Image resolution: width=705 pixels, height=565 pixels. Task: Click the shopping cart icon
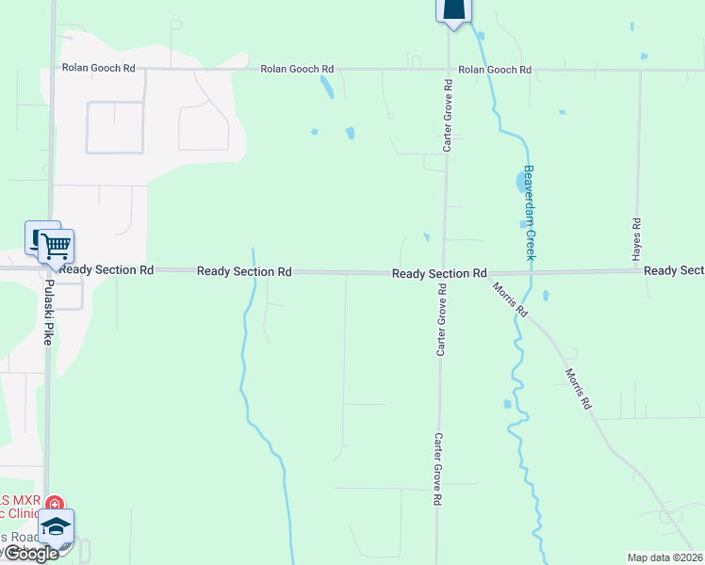click(x=56, y=247)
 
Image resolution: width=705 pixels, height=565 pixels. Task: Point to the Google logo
click(x=31, y=554)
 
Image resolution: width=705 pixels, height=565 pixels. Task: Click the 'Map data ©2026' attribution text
click(x=665, y=557)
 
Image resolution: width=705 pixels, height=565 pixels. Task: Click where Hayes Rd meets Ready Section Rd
click(x=639, y=271)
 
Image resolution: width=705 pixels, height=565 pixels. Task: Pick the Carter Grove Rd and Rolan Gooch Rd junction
click(x=448, y=69)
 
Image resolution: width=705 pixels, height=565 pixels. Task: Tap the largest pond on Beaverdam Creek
click(x=524, y=180)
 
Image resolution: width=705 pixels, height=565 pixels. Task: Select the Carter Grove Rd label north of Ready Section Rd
click(x=448, y=116)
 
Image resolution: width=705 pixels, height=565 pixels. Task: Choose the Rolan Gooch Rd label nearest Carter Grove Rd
click(x=495, y=70)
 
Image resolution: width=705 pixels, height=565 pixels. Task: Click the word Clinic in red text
click(x=21, y=514)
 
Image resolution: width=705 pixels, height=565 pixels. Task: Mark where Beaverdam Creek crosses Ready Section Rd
click(x=530, y=272)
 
